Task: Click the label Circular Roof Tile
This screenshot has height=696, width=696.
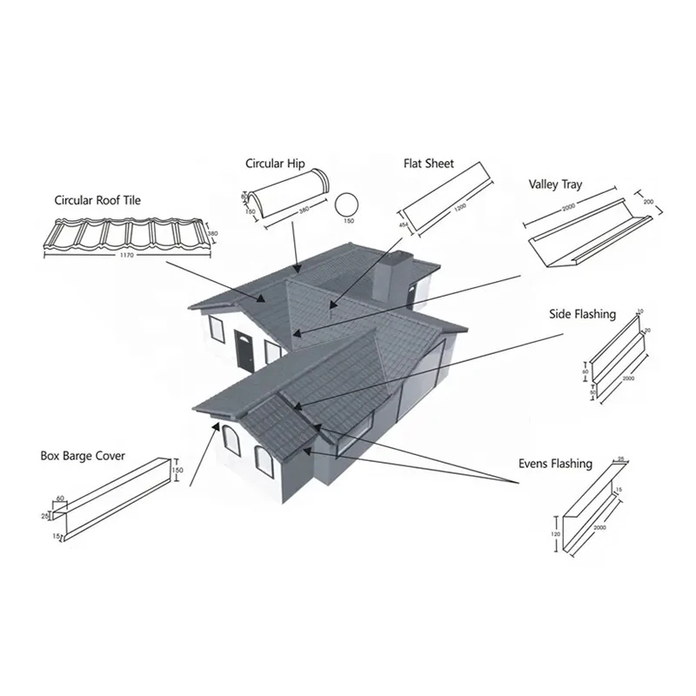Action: (97, 200)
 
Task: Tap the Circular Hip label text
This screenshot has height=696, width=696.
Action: (274, 163)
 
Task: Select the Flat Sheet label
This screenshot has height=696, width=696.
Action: (428, 164)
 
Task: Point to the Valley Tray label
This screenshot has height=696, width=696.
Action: (556, 184)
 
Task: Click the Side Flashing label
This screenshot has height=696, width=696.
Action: (582, 313)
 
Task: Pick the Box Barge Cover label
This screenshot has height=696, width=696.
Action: (83, 455)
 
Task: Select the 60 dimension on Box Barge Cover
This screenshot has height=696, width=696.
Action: (61, 499)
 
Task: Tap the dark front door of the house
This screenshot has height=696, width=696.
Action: (244, 350)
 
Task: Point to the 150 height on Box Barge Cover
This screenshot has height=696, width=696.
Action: (179, 471)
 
